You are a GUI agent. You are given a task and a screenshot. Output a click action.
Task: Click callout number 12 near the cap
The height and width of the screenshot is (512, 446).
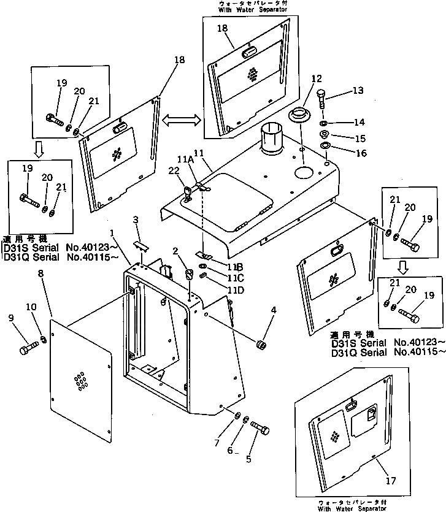point(316,79)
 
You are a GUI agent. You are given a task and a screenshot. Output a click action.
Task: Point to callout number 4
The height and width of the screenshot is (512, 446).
point(274,310)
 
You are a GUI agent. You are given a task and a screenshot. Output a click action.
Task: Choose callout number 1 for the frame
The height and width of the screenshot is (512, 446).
point(112,234)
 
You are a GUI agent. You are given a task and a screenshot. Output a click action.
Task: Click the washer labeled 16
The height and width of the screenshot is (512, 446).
point(325,145)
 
